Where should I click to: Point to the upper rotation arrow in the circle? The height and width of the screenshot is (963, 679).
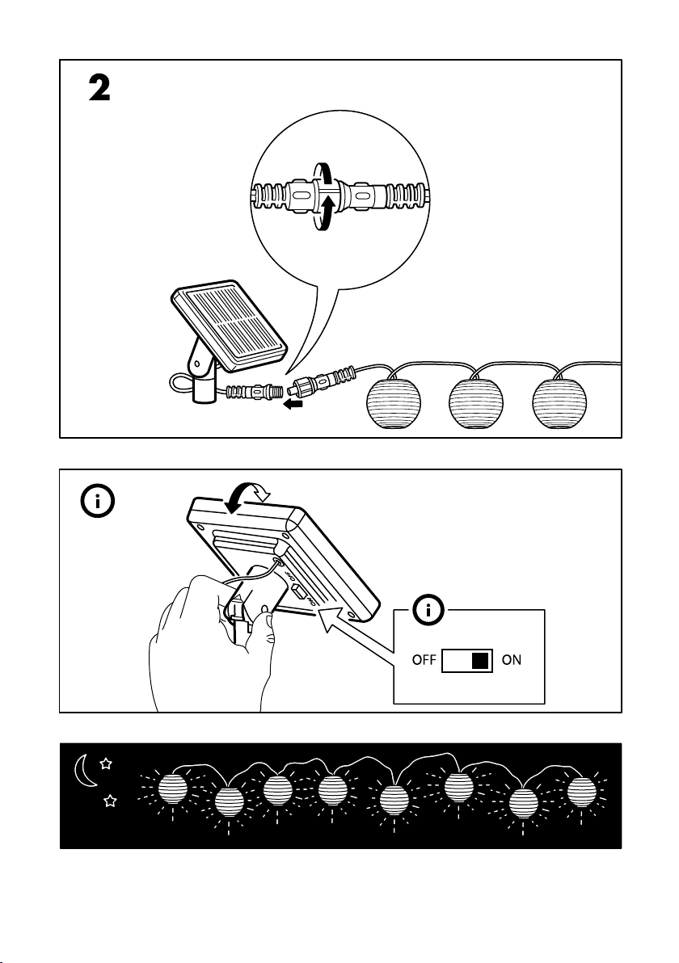pyautogui.click(x=323, y=174)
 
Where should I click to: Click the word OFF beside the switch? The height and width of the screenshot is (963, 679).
pyautogui.click(x=424, y=660)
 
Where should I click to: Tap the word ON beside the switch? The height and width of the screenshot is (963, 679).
pyautogui.click(x=512, y=660)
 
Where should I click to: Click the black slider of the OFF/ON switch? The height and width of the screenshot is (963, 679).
pyautogui.click(x=481, y=660)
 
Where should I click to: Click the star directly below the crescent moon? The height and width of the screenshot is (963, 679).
pyautogui.click(x=112, y=801)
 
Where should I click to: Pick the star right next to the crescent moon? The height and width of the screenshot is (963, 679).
pyautogui.click(x=106, y=762)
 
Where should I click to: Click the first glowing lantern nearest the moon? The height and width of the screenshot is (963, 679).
pyautogui.click(x=171, y=789)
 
